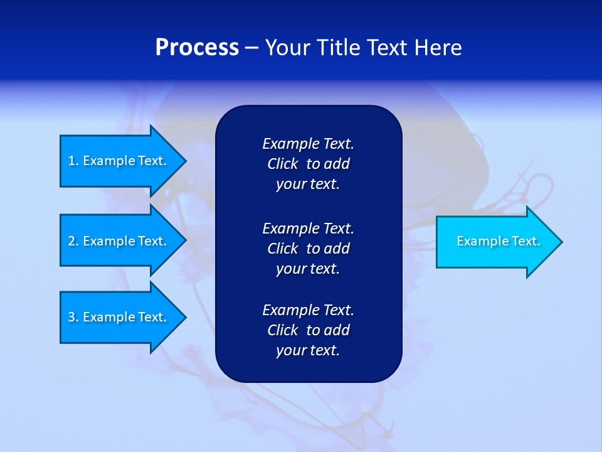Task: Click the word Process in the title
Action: pos(197,48)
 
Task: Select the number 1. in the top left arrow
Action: pos(73,161)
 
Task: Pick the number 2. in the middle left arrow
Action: pos(73,241)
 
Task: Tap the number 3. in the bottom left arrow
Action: pos(73,317)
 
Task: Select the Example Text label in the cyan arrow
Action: pos(498,241)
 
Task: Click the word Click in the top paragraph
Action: pos(282,164)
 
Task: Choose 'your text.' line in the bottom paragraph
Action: pos(308,351)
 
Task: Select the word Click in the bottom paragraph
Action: pos(282,330)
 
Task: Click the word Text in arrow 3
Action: pos(152,317)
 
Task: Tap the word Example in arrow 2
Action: pos(108,241)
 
